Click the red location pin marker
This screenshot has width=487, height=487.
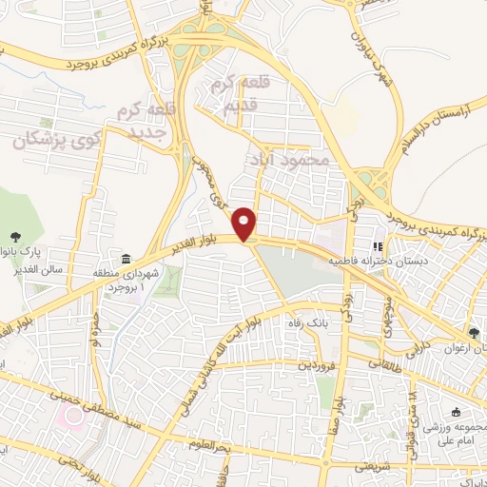click(246, 224)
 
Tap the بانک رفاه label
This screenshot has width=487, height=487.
click(308, 323)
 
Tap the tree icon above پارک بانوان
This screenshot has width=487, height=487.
click(15, 237)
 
